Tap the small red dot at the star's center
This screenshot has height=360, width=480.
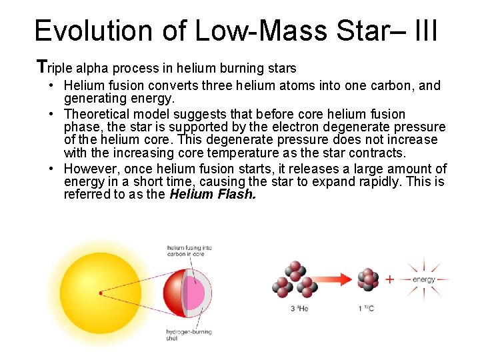coord(100,293)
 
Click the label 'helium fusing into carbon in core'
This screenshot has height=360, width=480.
coord(189,251)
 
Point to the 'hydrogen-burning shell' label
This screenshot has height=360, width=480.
coord(189,335)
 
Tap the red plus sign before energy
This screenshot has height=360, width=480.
coord(390,279)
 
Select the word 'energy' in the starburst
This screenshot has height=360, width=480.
coord(424,279)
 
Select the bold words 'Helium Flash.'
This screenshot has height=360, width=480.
coord(212,195)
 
